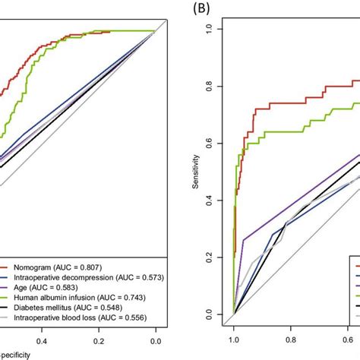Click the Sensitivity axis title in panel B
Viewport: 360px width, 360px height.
click(x=197, y=171)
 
